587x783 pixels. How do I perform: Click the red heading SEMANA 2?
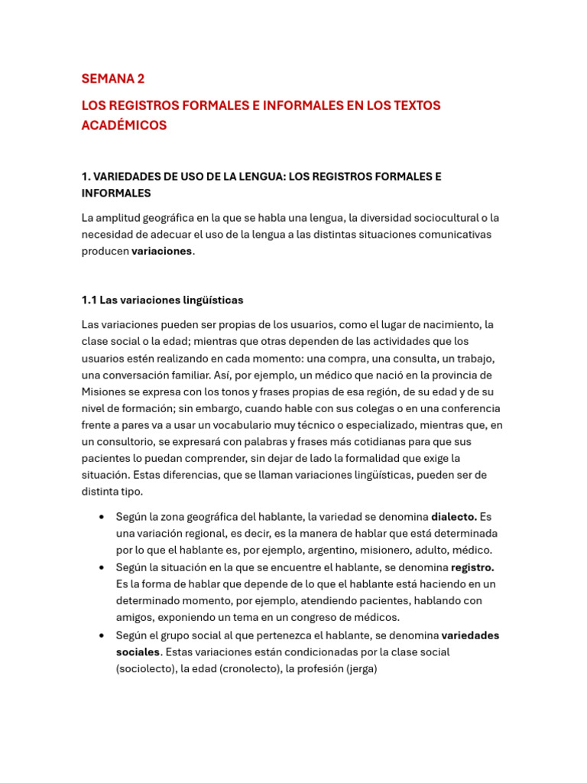pos(113,79)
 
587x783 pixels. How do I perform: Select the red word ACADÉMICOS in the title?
pos(124,125)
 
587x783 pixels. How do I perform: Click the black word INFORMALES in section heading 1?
pos(116,193)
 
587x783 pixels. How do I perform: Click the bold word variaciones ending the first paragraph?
pos(161,252)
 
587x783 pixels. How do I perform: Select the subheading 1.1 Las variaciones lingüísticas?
pos(162,300)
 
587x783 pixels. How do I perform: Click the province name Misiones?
pos(105,391)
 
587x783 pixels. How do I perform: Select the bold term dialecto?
pos(454,517)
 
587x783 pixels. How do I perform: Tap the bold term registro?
pos(472,567)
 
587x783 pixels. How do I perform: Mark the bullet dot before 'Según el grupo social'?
pos(102,635)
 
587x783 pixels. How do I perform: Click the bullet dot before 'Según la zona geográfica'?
pos(102,517)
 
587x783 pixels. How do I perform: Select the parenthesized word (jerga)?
pos(362,669)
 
